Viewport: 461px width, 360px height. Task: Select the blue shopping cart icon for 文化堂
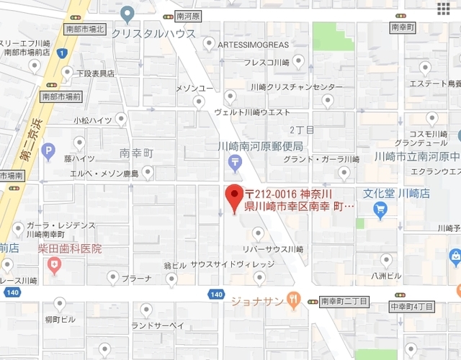[381, 210]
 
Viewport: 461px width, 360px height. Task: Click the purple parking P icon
[48, 151]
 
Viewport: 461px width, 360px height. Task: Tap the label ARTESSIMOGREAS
[248, 45]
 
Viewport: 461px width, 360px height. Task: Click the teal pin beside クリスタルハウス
[127, 13]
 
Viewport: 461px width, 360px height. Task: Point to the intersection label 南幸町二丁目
[344, 301]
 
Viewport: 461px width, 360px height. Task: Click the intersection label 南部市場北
[85, 30]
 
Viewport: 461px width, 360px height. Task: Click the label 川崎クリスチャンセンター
[297, 87]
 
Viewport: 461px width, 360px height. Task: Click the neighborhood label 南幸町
[137, 153]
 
